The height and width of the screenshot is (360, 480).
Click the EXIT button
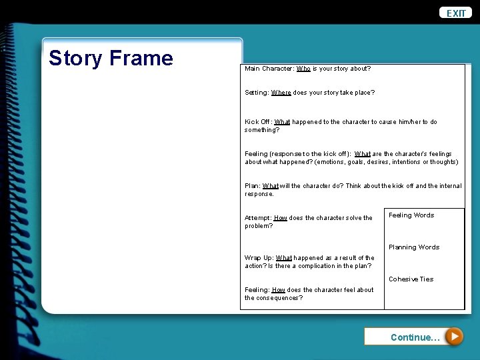(x=456, y=13)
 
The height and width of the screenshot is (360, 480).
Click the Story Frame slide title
(x=111, y=58)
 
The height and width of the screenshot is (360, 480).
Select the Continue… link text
(x=415, y=337)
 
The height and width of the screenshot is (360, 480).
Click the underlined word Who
(x=303, y=69)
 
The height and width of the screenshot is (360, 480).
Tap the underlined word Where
(x=281, y=93)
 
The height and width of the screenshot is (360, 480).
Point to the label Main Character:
(x=269, y=69)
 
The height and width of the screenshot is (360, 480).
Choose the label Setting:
(x=257, y=93)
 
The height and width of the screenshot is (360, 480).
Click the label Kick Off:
(x=258, y=122)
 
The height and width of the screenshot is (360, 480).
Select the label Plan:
(x=252, y=186)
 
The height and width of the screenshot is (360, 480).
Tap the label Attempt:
(x=258, y=218)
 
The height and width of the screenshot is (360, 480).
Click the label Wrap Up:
(x=259, y=258)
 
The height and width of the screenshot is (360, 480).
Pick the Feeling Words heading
(x=411, y=215)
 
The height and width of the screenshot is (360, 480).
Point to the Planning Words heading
(x=414, y=247)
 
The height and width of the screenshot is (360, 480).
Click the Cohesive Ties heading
(x=411, y=279)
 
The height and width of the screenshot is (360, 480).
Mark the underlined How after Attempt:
(x=281, y=218)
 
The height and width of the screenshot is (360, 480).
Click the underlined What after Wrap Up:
(x=284, y=258)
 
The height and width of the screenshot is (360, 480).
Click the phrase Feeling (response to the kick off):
(x=298, y=154)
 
